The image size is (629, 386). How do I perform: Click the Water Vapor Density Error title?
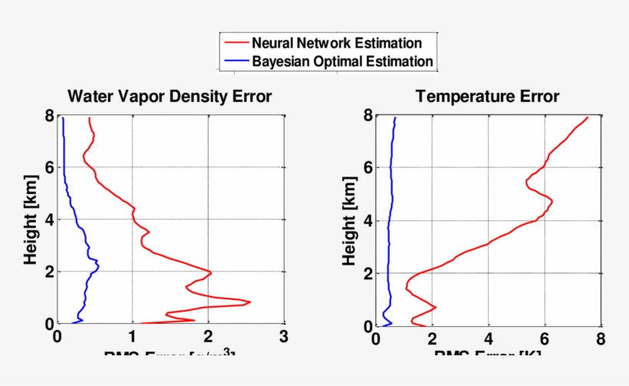point(170,96)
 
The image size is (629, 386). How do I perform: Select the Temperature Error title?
point(487,96)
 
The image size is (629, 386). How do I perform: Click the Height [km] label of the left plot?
point(31,222)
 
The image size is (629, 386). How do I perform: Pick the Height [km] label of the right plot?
point(349,222)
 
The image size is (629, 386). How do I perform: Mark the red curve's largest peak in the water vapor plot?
point(250,302)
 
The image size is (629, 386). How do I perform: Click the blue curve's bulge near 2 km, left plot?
point(98,267)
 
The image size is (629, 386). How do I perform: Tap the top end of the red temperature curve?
point(588,117)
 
